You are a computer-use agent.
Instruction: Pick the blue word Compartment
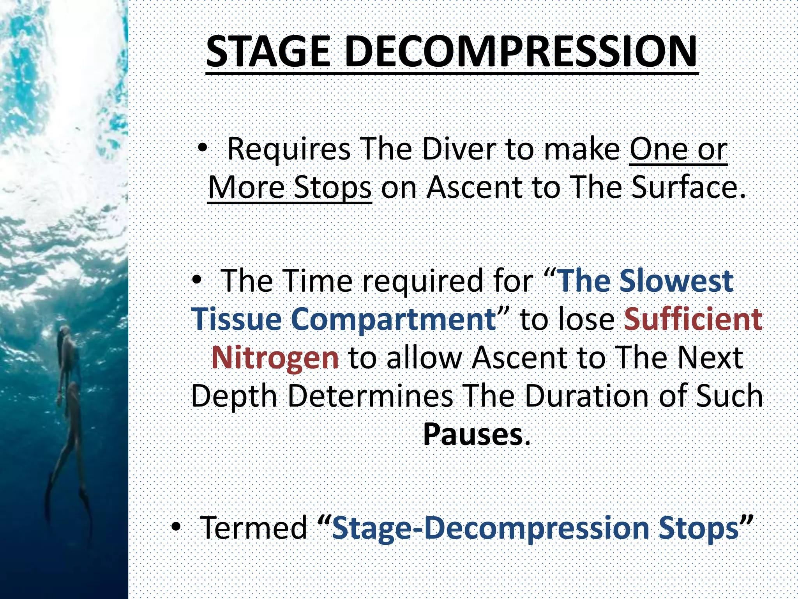click(394, 319)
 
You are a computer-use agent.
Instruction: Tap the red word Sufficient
click(693, 319)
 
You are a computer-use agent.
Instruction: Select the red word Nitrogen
click(275, 358)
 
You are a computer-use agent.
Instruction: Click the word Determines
click(370, 396)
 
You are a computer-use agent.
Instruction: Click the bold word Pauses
click(473, 434)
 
